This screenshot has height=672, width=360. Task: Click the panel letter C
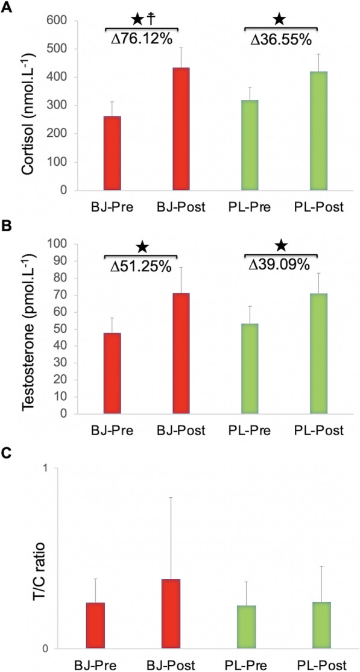[7, 454]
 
